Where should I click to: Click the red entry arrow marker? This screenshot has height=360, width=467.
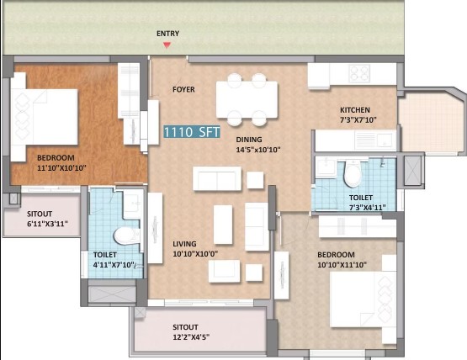(x=167, y=45)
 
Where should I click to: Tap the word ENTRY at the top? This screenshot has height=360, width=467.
(x=168, y=34)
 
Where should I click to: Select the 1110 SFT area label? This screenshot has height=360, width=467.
(x=192, y=131)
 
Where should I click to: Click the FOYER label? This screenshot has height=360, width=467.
(x=183, y=89)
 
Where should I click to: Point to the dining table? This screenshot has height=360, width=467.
(x=247, y=99)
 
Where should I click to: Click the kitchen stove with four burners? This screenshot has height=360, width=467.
(x=359, y=73)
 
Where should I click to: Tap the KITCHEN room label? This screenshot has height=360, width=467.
(x=355, y=110)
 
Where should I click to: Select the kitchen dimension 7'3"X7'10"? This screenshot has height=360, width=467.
(x=358, y=120)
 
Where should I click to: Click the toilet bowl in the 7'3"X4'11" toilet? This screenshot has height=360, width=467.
(x=353, y=173)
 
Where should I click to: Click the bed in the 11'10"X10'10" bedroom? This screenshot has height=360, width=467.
(x=44, y=117)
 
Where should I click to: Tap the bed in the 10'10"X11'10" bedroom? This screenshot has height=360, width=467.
(x=364, y=299)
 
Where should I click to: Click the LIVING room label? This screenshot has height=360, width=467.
(x=184, y=244)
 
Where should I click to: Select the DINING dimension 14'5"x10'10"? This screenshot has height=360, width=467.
(x=258, y=150)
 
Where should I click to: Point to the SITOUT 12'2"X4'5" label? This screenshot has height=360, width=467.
(x=191, y=332)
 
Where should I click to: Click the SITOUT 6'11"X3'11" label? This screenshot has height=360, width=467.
(x=47, y=219)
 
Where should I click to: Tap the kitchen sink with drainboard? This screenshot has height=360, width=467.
(x=375, y=140)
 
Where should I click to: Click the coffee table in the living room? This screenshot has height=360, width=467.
(x=223, y=225)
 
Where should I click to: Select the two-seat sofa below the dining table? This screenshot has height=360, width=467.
(x=217, y=178)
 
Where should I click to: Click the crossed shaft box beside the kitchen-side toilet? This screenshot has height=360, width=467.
(x=412, y=171)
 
